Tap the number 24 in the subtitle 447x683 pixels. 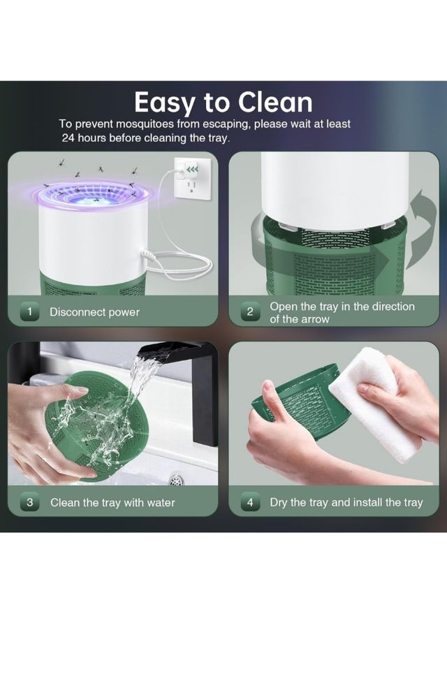68,138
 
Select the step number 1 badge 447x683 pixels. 29,312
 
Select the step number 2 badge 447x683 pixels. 250,312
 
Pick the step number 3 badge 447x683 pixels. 29,502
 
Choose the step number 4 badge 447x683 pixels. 250,502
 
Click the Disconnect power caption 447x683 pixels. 94,312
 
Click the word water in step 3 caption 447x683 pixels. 161,503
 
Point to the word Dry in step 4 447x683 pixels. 279,503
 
